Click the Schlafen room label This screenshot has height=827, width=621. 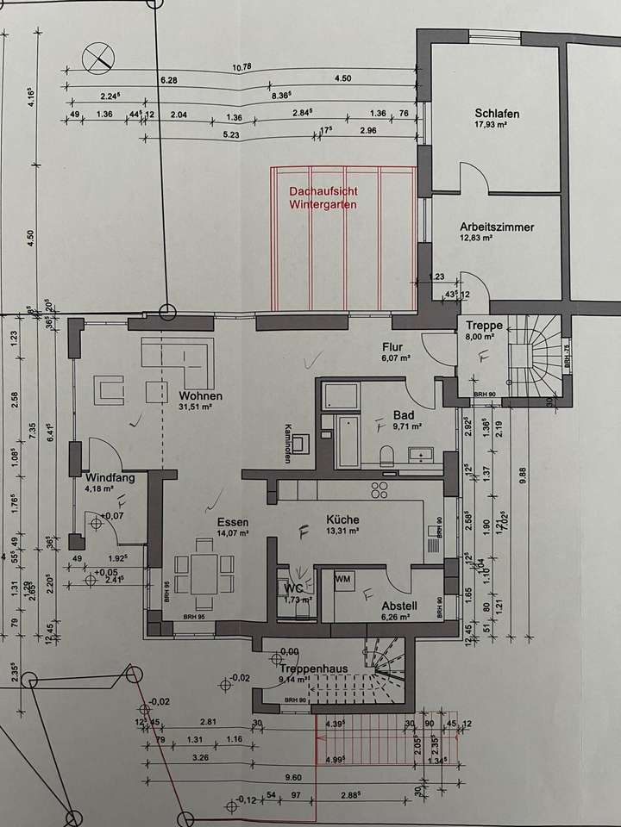tap(496, 114)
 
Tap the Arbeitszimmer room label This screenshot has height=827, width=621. tap(497, 227)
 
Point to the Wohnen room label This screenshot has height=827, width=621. tap(201, 396)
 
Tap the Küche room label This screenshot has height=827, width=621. tap(342, 519)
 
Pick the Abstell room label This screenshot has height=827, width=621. tap(399, 605)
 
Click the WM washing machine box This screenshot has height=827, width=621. tap(343, 578)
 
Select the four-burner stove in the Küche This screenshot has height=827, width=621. tap(380, 490)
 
